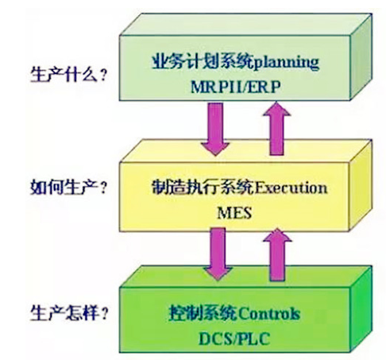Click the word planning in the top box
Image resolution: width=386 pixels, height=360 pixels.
[286, 63]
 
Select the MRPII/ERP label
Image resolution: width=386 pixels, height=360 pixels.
[235, 87]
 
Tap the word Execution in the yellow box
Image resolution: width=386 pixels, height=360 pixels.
[290, 188]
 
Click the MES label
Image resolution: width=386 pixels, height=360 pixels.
[234, 213]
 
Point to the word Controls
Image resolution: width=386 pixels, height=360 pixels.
[269, 313]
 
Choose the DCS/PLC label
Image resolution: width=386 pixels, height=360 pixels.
[234, 339]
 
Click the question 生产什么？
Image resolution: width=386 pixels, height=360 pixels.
[69, 75]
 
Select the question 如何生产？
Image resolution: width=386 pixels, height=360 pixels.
[69, 187]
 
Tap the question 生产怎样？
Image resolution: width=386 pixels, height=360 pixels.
[69, 313]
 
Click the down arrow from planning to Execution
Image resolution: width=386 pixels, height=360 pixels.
[215, 129]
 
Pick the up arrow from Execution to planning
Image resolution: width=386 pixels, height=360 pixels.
[276, 129]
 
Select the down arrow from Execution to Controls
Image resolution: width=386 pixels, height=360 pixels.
[218, 254]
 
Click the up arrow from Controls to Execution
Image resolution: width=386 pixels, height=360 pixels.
[277, 254]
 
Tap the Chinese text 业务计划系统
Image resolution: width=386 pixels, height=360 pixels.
[203, 62]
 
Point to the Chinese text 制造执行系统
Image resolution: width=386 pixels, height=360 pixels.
[203, 188]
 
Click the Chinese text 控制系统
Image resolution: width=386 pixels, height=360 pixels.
[203, 313]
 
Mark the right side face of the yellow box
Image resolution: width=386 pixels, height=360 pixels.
[361, 186]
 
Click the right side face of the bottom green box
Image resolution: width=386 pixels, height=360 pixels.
[361, 309]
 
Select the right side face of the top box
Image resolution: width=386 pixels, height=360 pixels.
[361, 57]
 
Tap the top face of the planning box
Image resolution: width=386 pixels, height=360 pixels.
[245, 25]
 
